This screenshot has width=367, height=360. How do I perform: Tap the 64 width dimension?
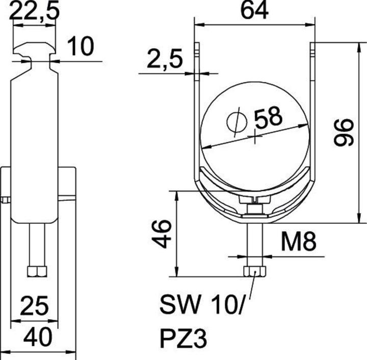(x=253, y=11)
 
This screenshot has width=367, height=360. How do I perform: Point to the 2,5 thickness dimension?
(x=164, y=60)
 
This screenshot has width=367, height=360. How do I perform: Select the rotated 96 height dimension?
(x=345, y=132)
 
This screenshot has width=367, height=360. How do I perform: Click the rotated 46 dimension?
(x=162, y=234)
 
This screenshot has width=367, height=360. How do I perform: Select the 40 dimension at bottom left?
(x=37, y=338)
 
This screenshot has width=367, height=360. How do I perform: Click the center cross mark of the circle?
(x=253, y=136)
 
